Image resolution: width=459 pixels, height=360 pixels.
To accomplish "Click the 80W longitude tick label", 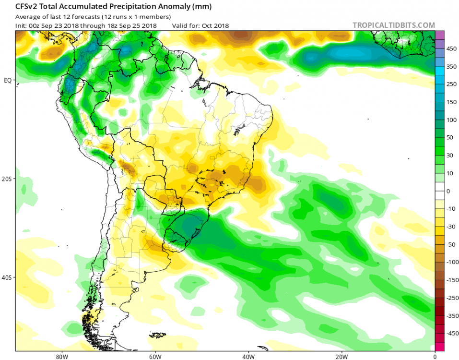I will [x=60, y=357].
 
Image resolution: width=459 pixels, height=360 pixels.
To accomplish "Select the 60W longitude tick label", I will [x=154, y=357].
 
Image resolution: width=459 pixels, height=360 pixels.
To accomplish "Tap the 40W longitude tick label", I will [x=247, y=357].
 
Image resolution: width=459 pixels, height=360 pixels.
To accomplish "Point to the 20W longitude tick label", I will [x=341, y=357].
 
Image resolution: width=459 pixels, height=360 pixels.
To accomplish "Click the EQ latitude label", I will [x=8, y=80].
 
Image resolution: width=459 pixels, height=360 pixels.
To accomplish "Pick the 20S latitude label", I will [x=7, y=179].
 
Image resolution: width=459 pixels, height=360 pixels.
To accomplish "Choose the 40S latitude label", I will [x=7, y=277].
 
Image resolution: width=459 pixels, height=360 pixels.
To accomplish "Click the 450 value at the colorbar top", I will [x=452, y=49].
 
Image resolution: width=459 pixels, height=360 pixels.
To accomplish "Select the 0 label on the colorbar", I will [x=448, y=191].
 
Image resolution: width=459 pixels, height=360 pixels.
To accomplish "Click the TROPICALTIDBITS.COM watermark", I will [x=394, y=25].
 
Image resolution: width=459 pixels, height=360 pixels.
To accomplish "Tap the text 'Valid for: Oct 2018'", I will [x=200, y=25].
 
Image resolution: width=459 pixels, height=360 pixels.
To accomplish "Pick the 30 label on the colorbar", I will [x=450, y=156].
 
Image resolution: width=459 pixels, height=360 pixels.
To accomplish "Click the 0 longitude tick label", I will [x=435, y=357].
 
